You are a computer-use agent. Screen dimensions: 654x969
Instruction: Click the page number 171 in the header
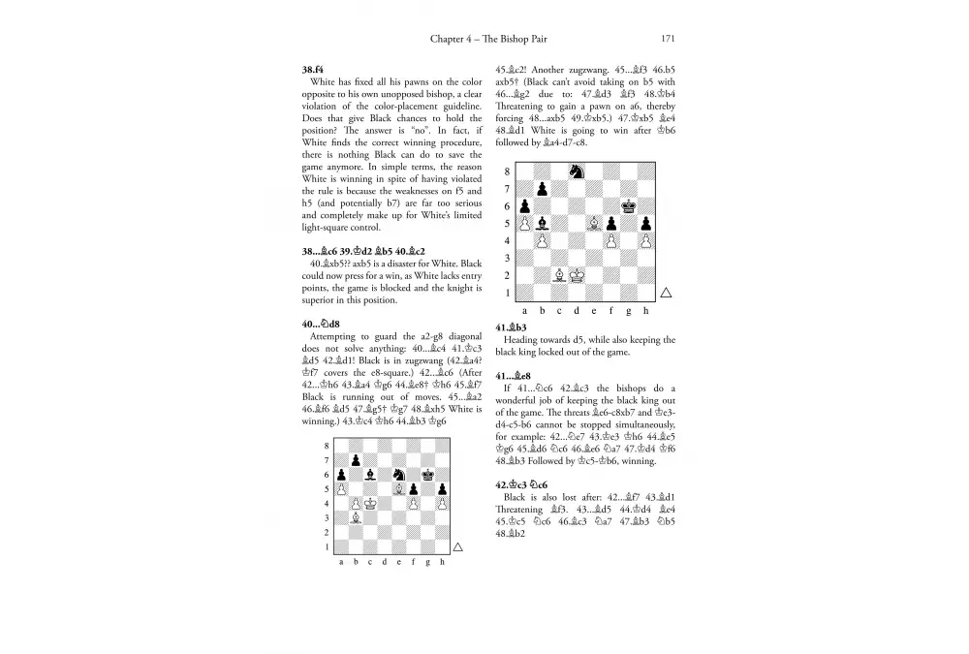point(667,39)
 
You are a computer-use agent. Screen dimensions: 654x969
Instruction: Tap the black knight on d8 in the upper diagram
point(577,171)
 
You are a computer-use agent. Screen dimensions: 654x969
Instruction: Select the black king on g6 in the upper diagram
point(628,205)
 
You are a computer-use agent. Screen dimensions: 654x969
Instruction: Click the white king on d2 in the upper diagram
point(577,275)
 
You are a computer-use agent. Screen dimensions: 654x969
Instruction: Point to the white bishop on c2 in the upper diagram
point(559,275)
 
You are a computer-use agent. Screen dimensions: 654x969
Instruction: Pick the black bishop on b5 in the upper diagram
point(542,223)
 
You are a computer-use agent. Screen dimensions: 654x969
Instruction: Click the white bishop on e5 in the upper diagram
point(594,223)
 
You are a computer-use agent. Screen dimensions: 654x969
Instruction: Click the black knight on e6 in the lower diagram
point(399,475)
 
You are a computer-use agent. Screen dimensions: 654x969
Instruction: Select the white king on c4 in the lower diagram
point(370,504)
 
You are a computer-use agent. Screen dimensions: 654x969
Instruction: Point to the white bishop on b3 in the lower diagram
point(357,518)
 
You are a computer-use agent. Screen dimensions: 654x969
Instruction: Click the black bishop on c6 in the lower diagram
point(370,475)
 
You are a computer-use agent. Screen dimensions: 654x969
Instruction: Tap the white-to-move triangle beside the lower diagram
point(458,547)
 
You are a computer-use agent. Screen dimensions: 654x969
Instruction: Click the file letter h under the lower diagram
point(442,563)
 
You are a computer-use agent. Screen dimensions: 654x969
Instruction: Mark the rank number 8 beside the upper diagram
point(506,171)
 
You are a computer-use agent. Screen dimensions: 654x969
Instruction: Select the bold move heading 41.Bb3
point(510,327)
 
